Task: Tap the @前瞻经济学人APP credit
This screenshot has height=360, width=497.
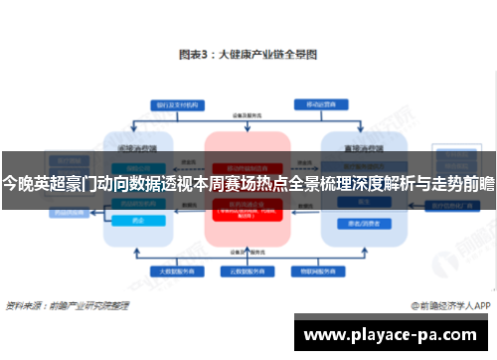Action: [x=445, y=306]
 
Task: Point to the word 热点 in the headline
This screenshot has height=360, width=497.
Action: [x=295, y=183]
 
